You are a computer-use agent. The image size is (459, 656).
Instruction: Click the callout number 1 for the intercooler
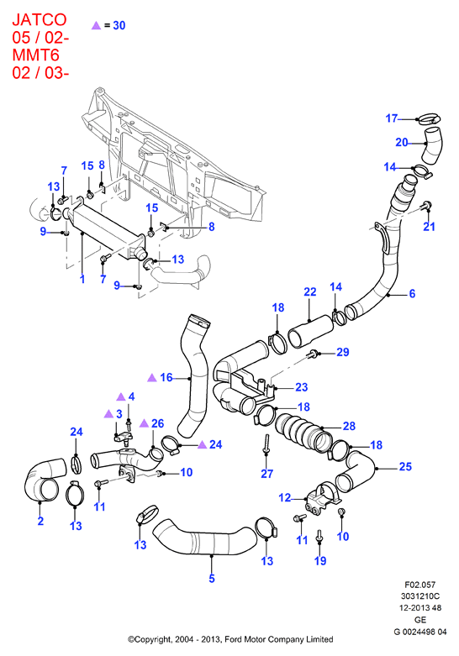(x=82, y=279)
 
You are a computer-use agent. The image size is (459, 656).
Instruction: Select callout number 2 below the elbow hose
(x=40, y=521)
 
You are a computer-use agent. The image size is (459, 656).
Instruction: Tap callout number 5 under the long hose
(x=212, y=578)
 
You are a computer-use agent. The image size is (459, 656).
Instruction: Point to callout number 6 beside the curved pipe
(x=412, y=294)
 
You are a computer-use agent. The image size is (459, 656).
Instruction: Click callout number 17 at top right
(x=392, y=118)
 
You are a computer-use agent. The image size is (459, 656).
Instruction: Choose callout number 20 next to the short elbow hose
(x=402, y=142)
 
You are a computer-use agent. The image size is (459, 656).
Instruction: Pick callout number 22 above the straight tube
(x=310, y=291)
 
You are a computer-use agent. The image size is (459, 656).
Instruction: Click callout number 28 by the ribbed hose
(x=349, y=426)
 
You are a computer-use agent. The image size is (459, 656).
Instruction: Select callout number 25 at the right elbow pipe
(x=405, y=466)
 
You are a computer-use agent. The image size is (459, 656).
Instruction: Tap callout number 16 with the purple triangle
(x=166, y=377)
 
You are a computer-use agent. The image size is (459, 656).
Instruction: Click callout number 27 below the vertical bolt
(x=266, y=474)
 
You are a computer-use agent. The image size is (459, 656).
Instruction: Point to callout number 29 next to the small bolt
(x=343, y=352)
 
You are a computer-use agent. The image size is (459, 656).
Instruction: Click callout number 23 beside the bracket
(x=302, y=387)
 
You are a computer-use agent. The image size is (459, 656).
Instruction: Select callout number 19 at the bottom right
(x=320, y=560)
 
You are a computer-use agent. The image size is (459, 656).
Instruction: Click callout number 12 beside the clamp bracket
(x=285, y=497)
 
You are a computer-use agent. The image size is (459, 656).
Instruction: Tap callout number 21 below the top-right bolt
(x=430, y=227)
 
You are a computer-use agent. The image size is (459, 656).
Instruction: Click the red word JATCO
(x=40, y=19)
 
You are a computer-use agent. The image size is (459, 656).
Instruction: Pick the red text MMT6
(x=35, y=55)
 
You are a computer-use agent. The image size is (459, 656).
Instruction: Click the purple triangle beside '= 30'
(x=97, y=25)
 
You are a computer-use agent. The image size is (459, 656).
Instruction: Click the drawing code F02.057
(x=419, y=585)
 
